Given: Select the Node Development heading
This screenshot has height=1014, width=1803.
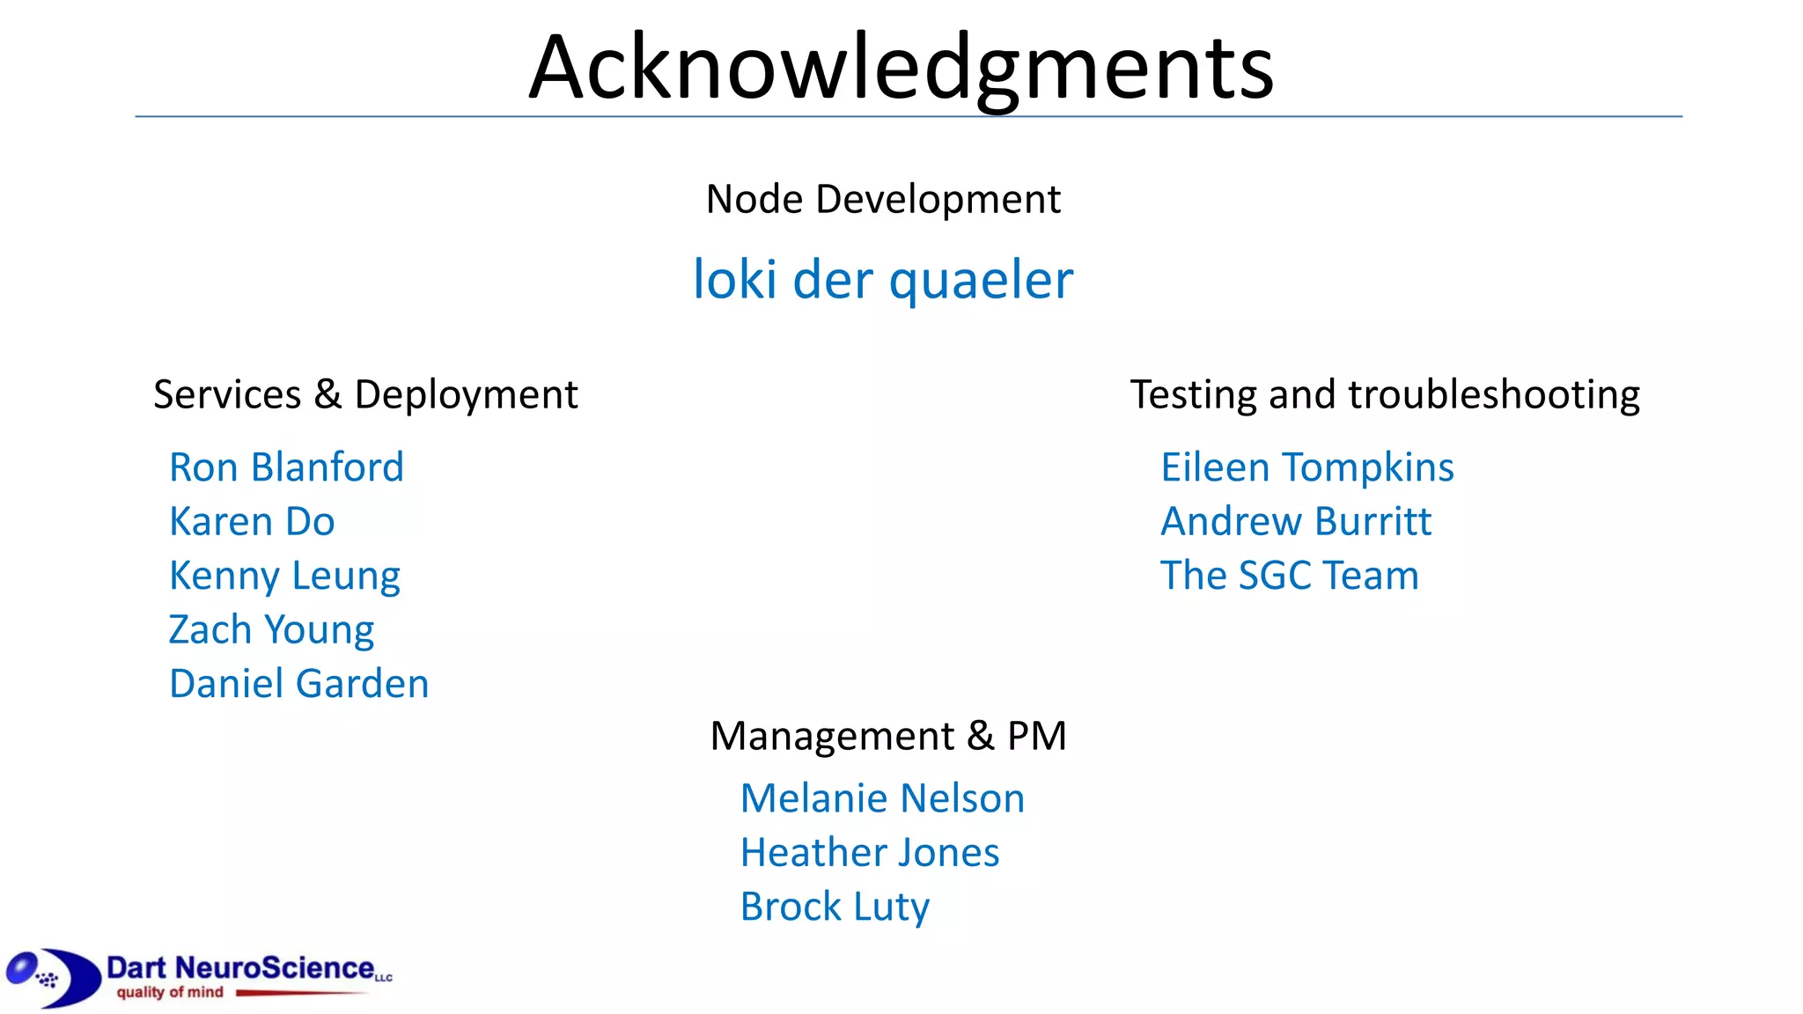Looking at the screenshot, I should coord(883,200).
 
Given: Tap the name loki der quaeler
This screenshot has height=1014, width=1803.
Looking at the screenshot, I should coord(883,280).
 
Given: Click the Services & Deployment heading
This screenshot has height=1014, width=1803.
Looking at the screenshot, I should coord(365,394).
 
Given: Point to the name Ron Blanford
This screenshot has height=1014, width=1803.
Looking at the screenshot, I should coord(286,467).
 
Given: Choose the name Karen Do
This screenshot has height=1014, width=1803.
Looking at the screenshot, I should coord(252,522).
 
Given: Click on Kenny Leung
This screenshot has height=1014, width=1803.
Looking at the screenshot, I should coord(284,577).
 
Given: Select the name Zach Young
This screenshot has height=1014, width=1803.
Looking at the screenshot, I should coord(271,630).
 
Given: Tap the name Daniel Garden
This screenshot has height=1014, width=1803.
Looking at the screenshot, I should coord(298,684).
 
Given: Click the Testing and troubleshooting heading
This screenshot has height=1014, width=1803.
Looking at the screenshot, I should coord(1385,394).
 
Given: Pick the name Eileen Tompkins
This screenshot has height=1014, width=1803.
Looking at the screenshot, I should coord(1307,467).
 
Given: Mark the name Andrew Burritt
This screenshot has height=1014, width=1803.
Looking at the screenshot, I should coord(1296,522).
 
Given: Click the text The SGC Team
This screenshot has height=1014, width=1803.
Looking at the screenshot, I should coord(1290,577).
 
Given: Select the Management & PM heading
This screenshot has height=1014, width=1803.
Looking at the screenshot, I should coord(888,736).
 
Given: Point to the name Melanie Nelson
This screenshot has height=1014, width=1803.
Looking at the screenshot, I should coord(882,799).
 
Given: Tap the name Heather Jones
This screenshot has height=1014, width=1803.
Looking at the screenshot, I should coord(870,853).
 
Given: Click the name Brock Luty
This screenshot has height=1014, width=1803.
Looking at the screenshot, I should coord(835,907).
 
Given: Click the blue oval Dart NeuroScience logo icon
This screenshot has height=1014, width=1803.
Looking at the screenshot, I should coord(53,977).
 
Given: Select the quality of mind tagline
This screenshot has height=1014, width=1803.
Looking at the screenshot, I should coord(170,993).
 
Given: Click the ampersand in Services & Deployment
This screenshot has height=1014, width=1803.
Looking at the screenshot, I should coord(327,394).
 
